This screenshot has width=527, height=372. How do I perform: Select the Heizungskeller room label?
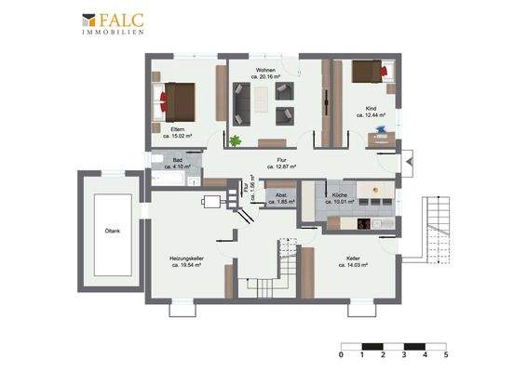186,260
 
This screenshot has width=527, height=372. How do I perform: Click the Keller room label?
353,260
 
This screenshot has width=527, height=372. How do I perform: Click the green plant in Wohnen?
236,141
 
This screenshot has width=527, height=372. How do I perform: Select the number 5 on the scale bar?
446,354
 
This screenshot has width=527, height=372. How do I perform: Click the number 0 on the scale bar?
342,354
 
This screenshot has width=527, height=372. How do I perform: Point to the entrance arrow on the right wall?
407,164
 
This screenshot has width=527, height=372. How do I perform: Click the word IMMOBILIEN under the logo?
112,32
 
